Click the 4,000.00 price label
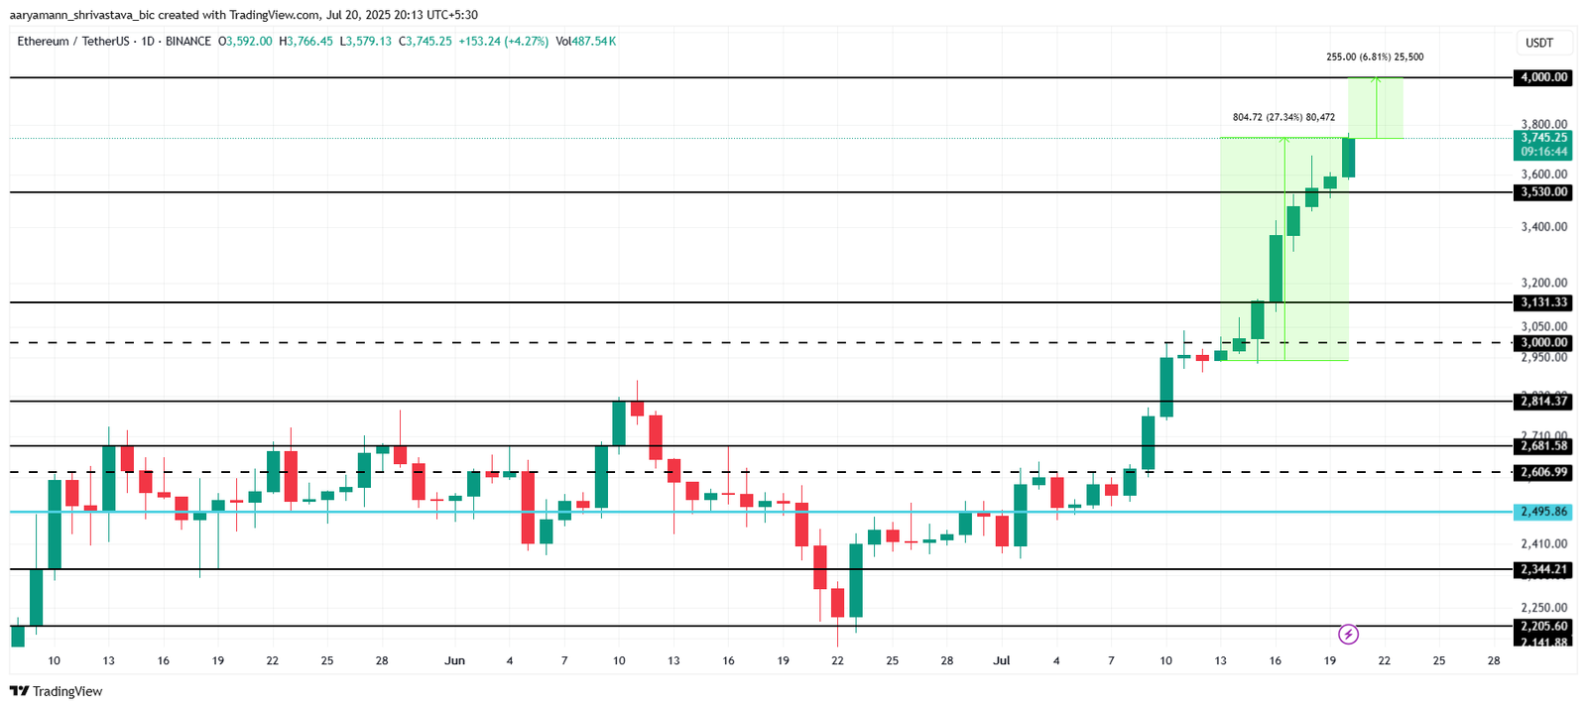1543,77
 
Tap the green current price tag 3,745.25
1543,138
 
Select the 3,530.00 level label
1543,192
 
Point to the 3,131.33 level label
1543,302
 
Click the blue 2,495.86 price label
1543,512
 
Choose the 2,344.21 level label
1543,569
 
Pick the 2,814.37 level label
1543,402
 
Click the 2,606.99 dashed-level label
1543,472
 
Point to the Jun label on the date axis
454,660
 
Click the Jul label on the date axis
1001,660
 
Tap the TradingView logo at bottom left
57,691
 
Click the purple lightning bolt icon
1348,634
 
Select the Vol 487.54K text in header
585,42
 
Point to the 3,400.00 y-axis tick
1543,227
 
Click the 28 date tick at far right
1494,660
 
